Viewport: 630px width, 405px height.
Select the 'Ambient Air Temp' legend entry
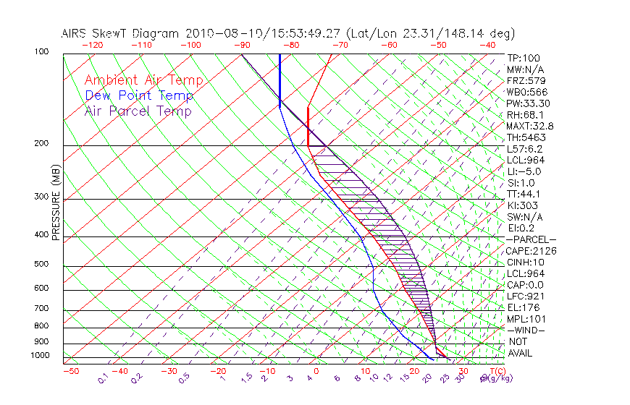click(143, 80)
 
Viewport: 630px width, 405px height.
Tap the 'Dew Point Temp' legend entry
click(138, 95)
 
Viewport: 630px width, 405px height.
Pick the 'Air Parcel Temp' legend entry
click(138, 111)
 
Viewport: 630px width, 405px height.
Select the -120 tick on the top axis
click(93, 44)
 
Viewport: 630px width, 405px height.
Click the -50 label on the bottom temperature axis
click(70, 371)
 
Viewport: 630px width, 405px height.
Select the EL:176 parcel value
click(522, 307)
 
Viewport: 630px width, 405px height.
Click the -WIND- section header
click(526, 330)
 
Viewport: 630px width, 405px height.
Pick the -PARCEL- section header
click(531, 239)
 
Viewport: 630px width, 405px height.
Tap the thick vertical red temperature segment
click(308, 127)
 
